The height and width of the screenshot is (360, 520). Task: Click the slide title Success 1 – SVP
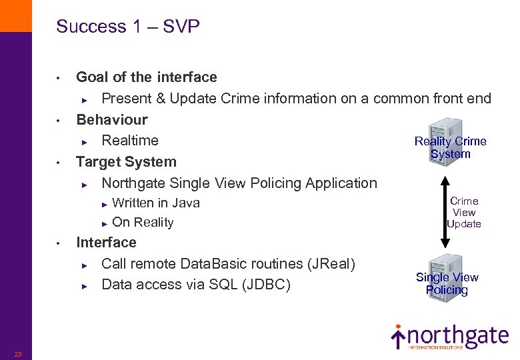click(128, 27)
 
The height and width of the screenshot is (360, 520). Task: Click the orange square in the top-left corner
click(15, 15)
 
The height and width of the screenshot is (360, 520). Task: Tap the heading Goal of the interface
click(147, 77)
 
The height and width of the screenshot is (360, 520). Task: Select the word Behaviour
click(112, 120)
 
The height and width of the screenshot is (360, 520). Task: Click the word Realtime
click(130, 141)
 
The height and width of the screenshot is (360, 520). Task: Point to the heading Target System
click(126, 162)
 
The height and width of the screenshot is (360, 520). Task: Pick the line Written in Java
click(156, 203)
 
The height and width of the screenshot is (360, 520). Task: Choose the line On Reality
click(143, 223)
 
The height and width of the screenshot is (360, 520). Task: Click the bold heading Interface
click(106, 243)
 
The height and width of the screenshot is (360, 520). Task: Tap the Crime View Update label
click(464, 213)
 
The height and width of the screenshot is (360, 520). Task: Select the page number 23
click(18, 354)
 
